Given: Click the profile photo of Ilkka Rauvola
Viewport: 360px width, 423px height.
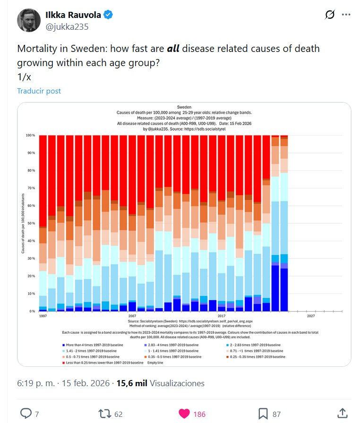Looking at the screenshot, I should (29, 20).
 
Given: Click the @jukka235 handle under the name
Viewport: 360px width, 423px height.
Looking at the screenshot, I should (67, 26).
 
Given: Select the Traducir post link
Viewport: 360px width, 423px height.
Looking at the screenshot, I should (39, 91).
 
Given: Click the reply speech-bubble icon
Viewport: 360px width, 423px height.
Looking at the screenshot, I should (26, 414).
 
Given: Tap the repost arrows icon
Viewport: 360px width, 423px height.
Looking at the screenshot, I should (104, 414).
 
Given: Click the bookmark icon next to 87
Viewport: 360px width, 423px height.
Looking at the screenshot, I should (263, 414).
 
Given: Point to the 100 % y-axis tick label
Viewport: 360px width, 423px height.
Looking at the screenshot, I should (31, 135).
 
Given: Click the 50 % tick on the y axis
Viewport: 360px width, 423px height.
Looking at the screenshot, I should (31, 223).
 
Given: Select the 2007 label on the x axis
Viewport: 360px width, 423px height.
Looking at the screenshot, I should (132, 315).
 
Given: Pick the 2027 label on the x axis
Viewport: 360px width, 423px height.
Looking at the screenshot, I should (310, 315).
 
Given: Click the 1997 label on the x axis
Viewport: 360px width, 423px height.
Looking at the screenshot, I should (43, 315).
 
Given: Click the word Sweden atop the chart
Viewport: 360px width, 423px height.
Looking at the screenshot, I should (184, 107).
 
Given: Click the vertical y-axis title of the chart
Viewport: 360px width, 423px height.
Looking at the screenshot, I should (23, 223).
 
